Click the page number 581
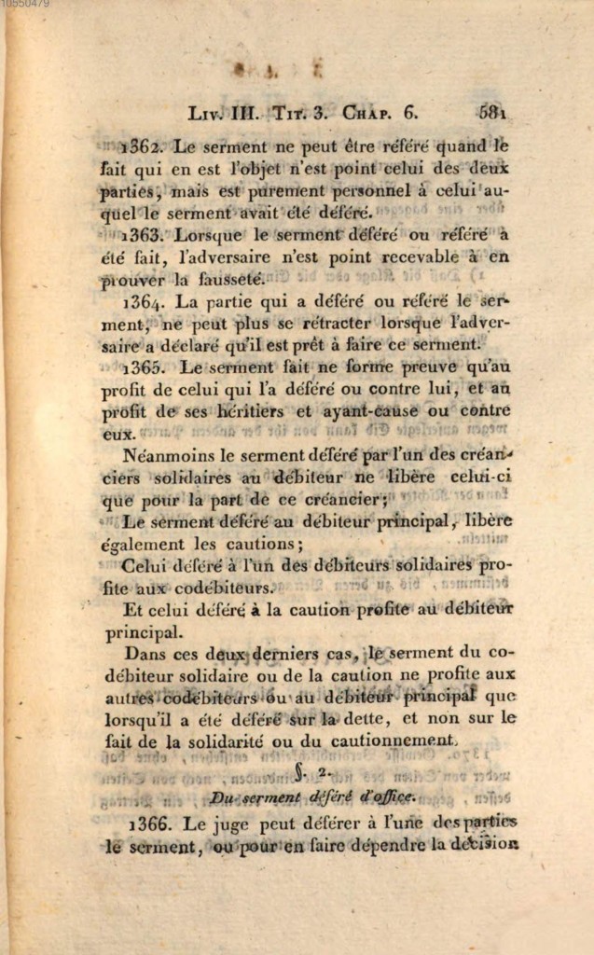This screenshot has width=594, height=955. pyautogui.click(x=491, y=113)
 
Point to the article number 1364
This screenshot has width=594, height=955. pyautogui.click(x=145, y=303)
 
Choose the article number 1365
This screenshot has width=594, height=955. pyautogui.click(x=145, y=368)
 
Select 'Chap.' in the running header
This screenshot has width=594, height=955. pyautogui.click(x=367, y=113)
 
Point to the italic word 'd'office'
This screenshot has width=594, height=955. pyautogui.click(x=385, y=796)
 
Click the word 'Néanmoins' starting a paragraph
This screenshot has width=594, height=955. pyautogui.click(x=159, y=456)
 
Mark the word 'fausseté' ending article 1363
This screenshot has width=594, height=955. pyautogui.click(x=228, y=279)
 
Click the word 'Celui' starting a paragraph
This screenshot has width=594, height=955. pyautogui.click(x=144, y=566)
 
